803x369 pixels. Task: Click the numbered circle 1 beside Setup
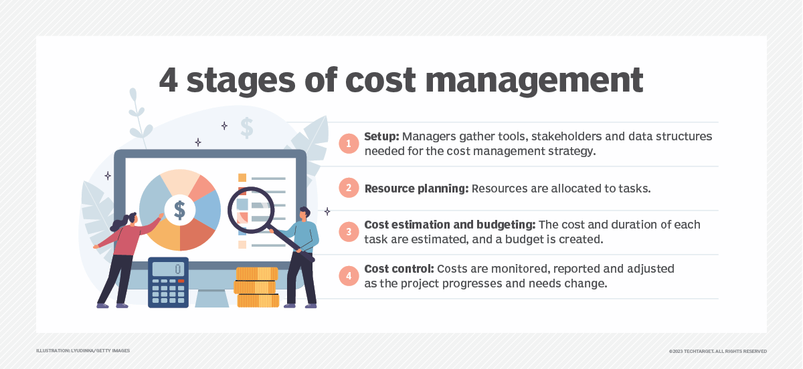(349, 144)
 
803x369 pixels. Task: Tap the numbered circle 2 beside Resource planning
(349, 189)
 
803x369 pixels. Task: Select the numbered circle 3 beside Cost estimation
(349, 232)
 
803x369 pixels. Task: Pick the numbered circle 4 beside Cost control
(349, 275)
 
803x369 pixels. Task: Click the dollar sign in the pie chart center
(179, 209)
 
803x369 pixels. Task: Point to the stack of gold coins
(256, 287)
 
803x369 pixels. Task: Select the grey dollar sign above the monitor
(247, 127)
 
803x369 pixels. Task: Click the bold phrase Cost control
(399, 269)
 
